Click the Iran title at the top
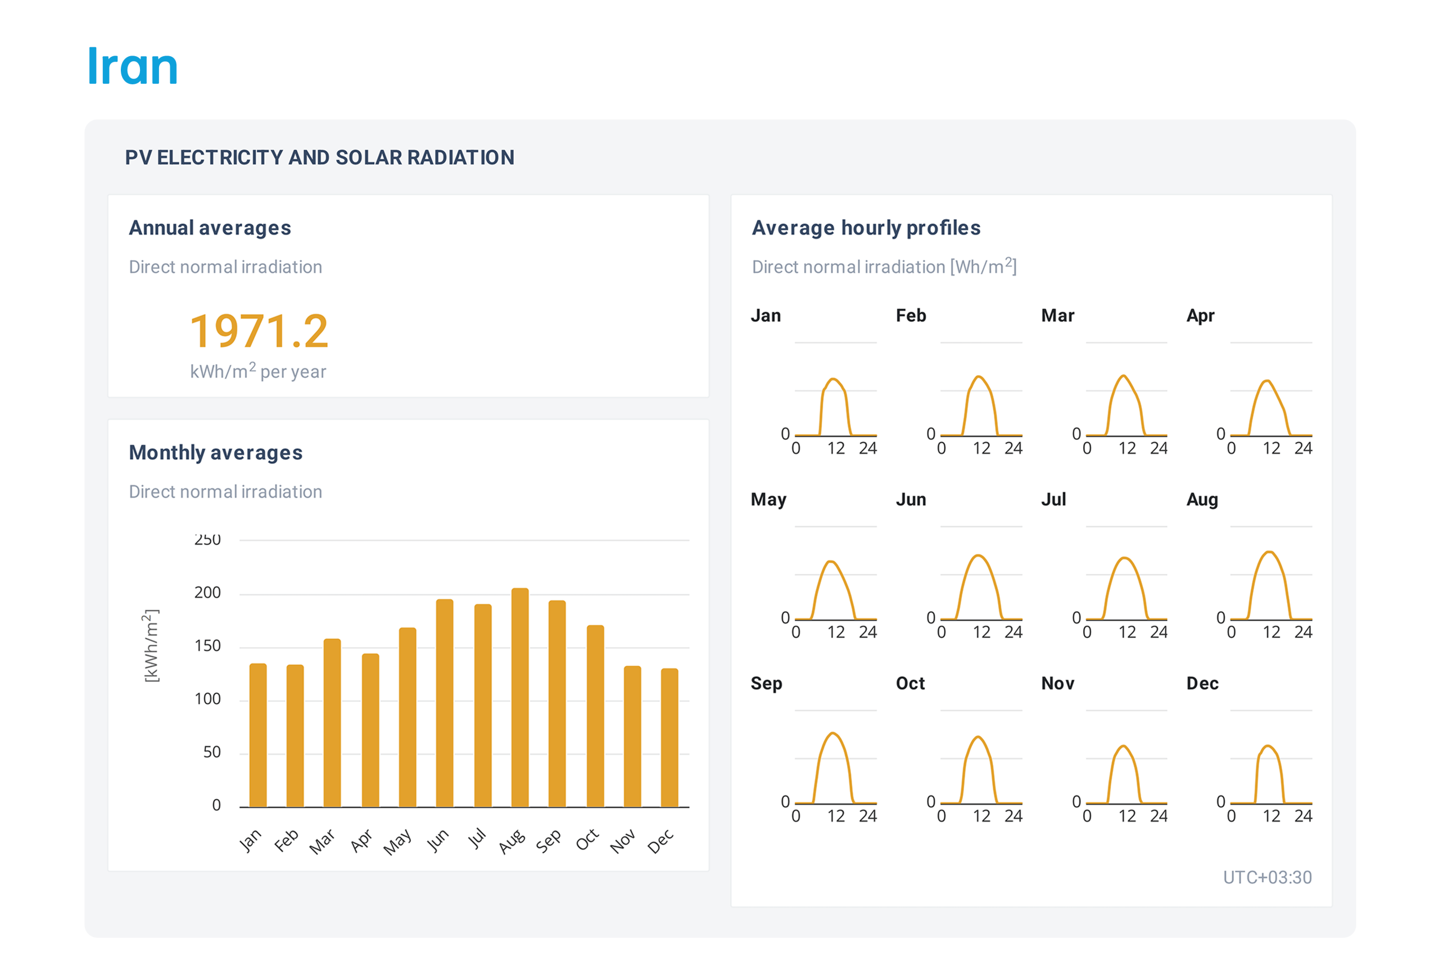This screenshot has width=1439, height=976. pos(133,66)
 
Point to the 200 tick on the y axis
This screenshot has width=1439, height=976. pos(207,593)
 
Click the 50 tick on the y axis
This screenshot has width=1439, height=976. pos(212,752)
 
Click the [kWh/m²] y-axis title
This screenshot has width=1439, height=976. pos(151,645)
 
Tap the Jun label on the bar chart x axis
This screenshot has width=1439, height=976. pos(437,840)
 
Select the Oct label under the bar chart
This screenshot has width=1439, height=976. pos(587,840)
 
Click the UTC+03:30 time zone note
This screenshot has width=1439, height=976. pos(1267,877)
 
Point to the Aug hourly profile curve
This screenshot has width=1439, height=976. pos(1270,553)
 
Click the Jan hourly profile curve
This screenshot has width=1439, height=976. pos(834,380)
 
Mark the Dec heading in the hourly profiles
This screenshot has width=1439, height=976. pos(1202,683)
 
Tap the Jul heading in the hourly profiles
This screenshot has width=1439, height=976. pos(1053,499)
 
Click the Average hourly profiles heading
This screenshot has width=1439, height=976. pos(866,228)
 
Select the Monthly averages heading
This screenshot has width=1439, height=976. pos(215,453)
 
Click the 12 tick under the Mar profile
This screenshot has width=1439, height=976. pos(1127,449)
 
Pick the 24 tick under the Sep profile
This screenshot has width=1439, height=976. pos(867,816)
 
